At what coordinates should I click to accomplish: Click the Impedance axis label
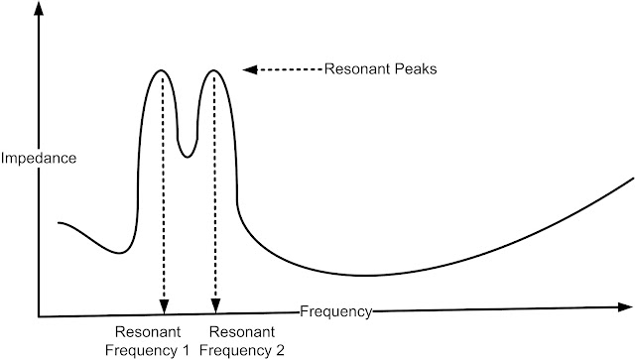39,158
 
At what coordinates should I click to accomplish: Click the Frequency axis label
335,311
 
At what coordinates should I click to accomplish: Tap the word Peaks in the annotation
416,68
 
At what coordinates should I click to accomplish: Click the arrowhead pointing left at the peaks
249,69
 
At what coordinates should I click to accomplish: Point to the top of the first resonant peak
162,70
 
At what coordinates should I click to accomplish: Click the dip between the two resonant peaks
187,157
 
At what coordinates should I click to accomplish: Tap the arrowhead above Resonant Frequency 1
164,306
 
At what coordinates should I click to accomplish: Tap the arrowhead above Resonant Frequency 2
216,306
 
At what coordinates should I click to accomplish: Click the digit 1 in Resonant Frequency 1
186,350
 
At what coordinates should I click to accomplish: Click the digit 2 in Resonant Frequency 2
281,350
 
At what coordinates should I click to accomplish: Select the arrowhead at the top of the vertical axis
39,9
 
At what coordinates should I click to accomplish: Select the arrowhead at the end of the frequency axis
625,307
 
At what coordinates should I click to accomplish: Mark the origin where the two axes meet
39,316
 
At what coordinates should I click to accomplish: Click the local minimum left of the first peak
119,253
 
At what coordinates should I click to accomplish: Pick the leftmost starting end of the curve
60,223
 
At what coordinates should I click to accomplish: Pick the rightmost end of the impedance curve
633,179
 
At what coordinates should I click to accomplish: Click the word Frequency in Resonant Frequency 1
141,350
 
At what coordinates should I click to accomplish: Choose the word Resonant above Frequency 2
242,332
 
